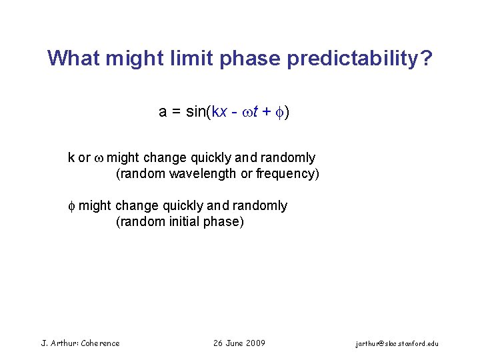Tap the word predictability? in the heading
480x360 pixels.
(x=360, y=59)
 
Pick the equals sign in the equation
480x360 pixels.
(x=177, y=112)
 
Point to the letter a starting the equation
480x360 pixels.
(x=163, y=112)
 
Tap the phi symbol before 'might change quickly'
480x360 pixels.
(x=72, y=206)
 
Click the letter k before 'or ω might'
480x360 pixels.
(x=71, y=158)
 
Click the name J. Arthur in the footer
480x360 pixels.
(x=59, y=343)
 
